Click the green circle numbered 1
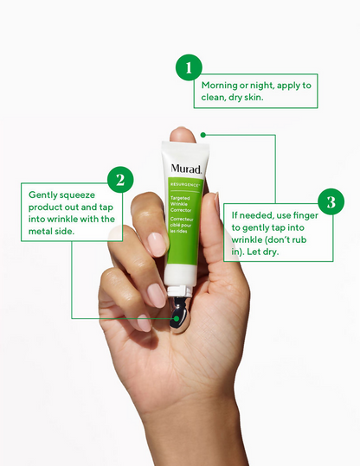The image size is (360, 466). point(189,67)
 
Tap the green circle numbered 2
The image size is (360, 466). point(120,180)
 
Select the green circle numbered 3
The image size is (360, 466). point(331,201)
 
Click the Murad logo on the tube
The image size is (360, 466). point(186,169)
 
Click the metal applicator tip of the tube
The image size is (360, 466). point(179,315)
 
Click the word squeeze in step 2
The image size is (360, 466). point(77,195)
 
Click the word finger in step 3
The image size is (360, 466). point(305,215)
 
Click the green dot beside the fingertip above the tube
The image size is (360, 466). point(203,135)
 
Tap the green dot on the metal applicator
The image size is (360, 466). point(177,318)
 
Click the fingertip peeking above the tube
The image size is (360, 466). point(182,134)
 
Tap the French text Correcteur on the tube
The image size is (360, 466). point(182,219)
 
